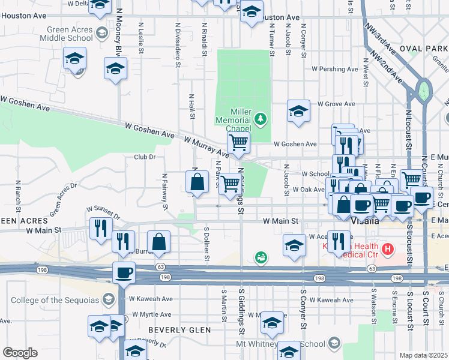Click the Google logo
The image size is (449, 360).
click(x=20, y=353)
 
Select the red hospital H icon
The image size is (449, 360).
click(x=388, y=248)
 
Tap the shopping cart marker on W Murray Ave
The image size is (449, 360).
click(x=238, y=143)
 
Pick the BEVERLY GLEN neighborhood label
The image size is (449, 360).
click(x=179, y=330)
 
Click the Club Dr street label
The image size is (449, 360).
click(x=144, y=157)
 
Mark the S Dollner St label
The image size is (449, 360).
click(x=206, y=244)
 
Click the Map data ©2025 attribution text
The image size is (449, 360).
click(x=424, y=355)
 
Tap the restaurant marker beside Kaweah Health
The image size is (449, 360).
click(x=339, y=241)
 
